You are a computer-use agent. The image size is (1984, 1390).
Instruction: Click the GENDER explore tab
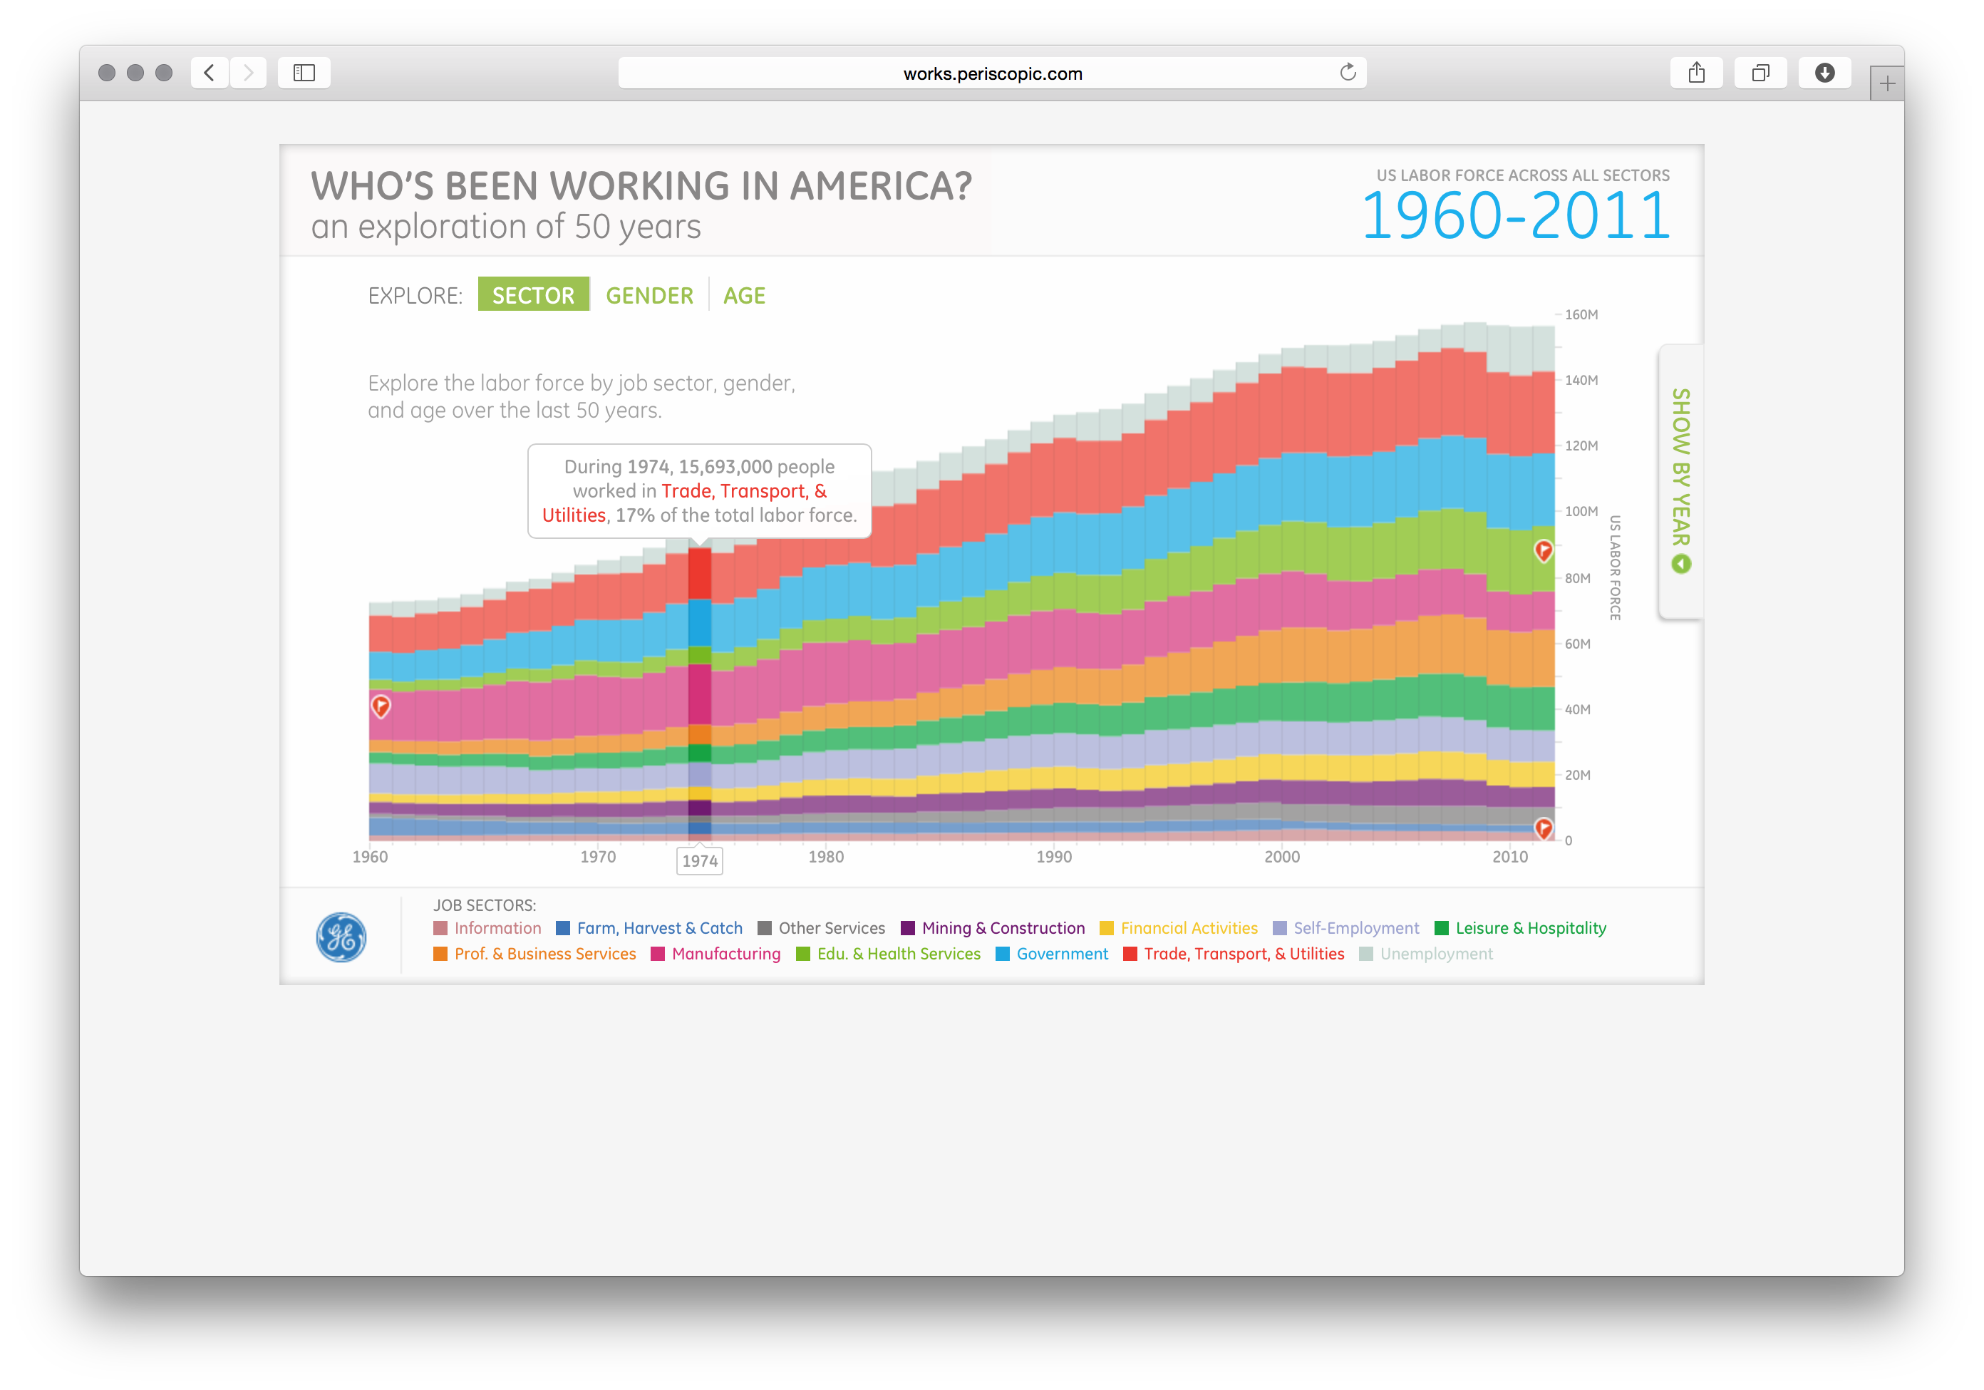(649, 296)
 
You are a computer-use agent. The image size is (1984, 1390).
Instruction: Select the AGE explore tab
(744, 296)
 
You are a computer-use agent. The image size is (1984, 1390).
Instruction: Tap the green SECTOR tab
(533, 295)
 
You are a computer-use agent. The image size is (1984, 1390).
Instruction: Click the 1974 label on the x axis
(699, 861)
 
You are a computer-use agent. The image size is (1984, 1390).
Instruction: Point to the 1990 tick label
(1054, 857)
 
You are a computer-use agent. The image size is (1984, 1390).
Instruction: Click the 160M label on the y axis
(1581, 314)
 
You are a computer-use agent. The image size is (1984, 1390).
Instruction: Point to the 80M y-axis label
(1577, 578)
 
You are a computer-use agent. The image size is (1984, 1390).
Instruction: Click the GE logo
(341, 937)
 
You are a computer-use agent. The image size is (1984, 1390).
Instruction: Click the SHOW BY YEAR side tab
(1680, 480)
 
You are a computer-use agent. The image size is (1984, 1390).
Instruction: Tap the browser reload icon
(1347, 73)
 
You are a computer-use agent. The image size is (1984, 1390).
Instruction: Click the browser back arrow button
(209, 73)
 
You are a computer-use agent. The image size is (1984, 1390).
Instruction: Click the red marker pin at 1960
(381, 706)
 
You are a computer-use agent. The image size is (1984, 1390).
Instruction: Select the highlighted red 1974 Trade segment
(699, 572)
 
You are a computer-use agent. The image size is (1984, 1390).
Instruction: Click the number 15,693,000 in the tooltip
(725, 467)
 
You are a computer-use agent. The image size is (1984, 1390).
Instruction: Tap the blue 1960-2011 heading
(1515, 215)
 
